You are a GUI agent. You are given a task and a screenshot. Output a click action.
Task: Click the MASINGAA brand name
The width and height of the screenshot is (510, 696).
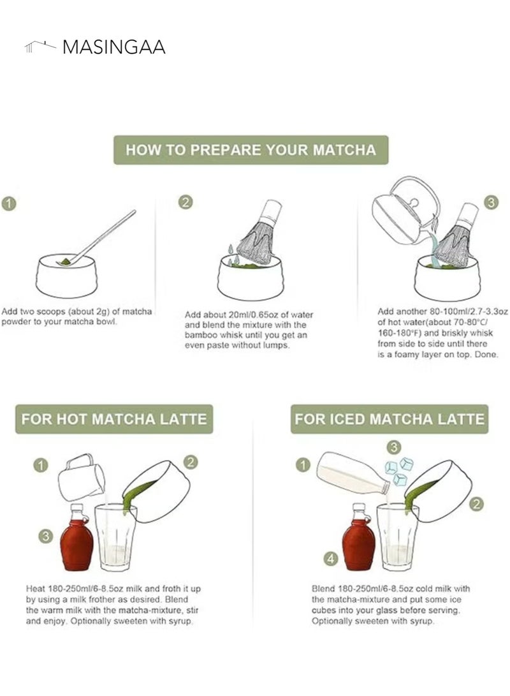point(113,47)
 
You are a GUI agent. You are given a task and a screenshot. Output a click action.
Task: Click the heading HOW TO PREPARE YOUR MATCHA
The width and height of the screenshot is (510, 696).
point(251,150)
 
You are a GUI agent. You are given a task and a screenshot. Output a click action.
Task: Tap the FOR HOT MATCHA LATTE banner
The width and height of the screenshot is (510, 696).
point(114,419)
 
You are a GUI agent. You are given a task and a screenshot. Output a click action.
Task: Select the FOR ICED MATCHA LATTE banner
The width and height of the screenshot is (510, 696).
point(390,419)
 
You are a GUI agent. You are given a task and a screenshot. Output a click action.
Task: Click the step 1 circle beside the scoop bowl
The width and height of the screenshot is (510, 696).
point(8,204)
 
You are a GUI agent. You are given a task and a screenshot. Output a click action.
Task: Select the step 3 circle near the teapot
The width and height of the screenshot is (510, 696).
point(491,202)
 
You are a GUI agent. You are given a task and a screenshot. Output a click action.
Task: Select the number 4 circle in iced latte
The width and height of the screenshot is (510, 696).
point(330,559)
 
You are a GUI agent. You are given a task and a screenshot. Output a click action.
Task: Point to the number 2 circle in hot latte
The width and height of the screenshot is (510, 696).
point(191,462)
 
